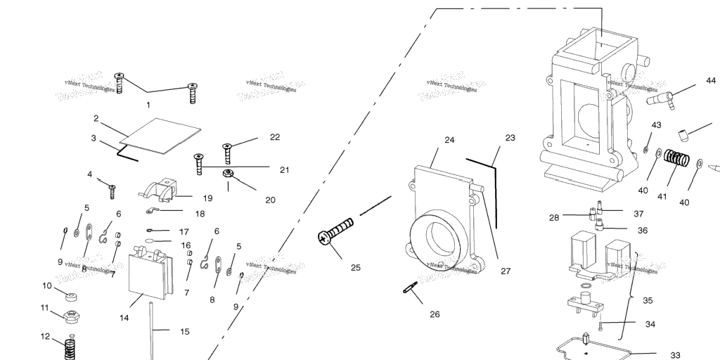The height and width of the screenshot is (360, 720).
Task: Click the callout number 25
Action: click(x=355, y=267)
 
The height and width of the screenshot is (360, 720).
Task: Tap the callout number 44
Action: click(x=711, y=81)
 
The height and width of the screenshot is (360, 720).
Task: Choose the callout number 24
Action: click(x=450, y=140)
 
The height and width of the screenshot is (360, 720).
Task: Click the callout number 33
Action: click(x=675, y=354)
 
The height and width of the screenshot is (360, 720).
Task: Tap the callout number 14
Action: click(x=124, y=318)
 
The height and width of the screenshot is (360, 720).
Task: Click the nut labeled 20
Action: click(x=228, y=174)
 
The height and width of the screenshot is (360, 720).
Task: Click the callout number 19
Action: click(x=207, y=198)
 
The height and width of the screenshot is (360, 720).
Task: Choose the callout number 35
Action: click(x=648, y=300)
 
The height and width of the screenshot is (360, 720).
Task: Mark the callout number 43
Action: click(x=656, y=125)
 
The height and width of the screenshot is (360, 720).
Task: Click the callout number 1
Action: click(x=148, y=105)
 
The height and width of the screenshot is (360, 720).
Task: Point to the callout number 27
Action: click(x=506, y=271)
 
